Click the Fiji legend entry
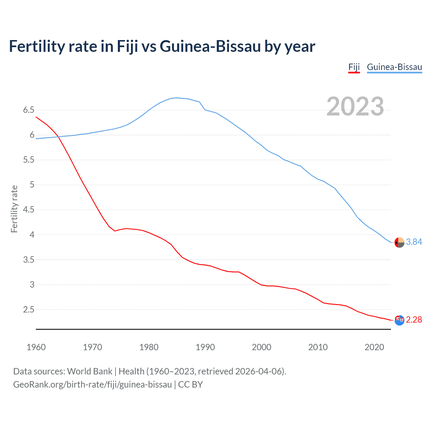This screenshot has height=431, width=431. coord(354,67)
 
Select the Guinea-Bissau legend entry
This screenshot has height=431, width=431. coord(394,67)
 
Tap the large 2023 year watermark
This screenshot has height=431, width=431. coord(355,106)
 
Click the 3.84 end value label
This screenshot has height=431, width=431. coord(414,242)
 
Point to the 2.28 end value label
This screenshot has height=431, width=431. coord(414,320)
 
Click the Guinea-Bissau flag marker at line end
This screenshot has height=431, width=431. coord(399,242)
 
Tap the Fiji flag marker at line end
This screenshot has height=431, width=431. coord(399,320)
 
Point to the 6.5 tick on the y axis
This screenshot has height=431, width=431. coord(29,110)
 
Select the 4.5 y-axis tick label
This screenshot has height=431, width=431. coord(29,210)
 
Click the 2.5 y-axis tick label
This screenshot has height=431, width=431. coord(29,309)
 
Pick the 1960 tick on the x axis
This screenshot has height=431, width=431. coord(36,347)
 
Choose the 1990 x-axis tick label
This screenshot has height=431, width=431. coord(205,347)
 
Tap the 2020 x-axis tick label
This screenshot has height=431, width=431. coord(374,347)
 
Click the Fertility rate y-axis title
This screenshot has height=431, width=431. coord(14,209)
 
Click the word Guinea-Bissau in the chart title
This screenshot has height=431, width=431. coord(210,46)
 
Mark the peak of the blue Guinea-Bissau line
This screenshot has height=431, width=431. coord(177,98)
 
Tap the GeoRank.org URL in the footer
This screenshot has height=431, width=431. coord(92,385)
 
